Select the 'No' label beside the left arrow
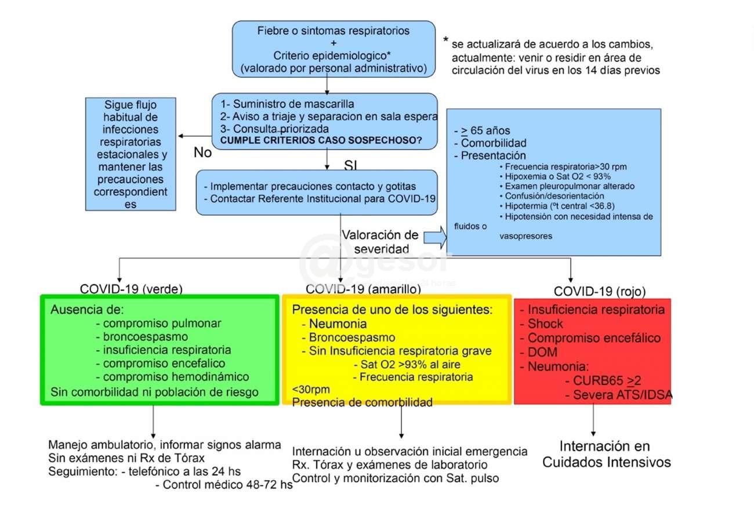point(202,153)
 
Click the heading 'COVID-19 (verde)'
point(131,289)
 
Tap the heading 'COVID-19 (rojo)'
point(600,291)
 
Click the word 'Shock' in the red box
point(545,324)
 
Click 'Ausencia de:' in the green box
point(88,309)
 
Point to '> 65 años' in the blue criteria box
point(485,130)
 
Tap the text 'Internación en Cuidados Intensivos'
point(607,455)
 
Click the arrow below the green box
point(153,422)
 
